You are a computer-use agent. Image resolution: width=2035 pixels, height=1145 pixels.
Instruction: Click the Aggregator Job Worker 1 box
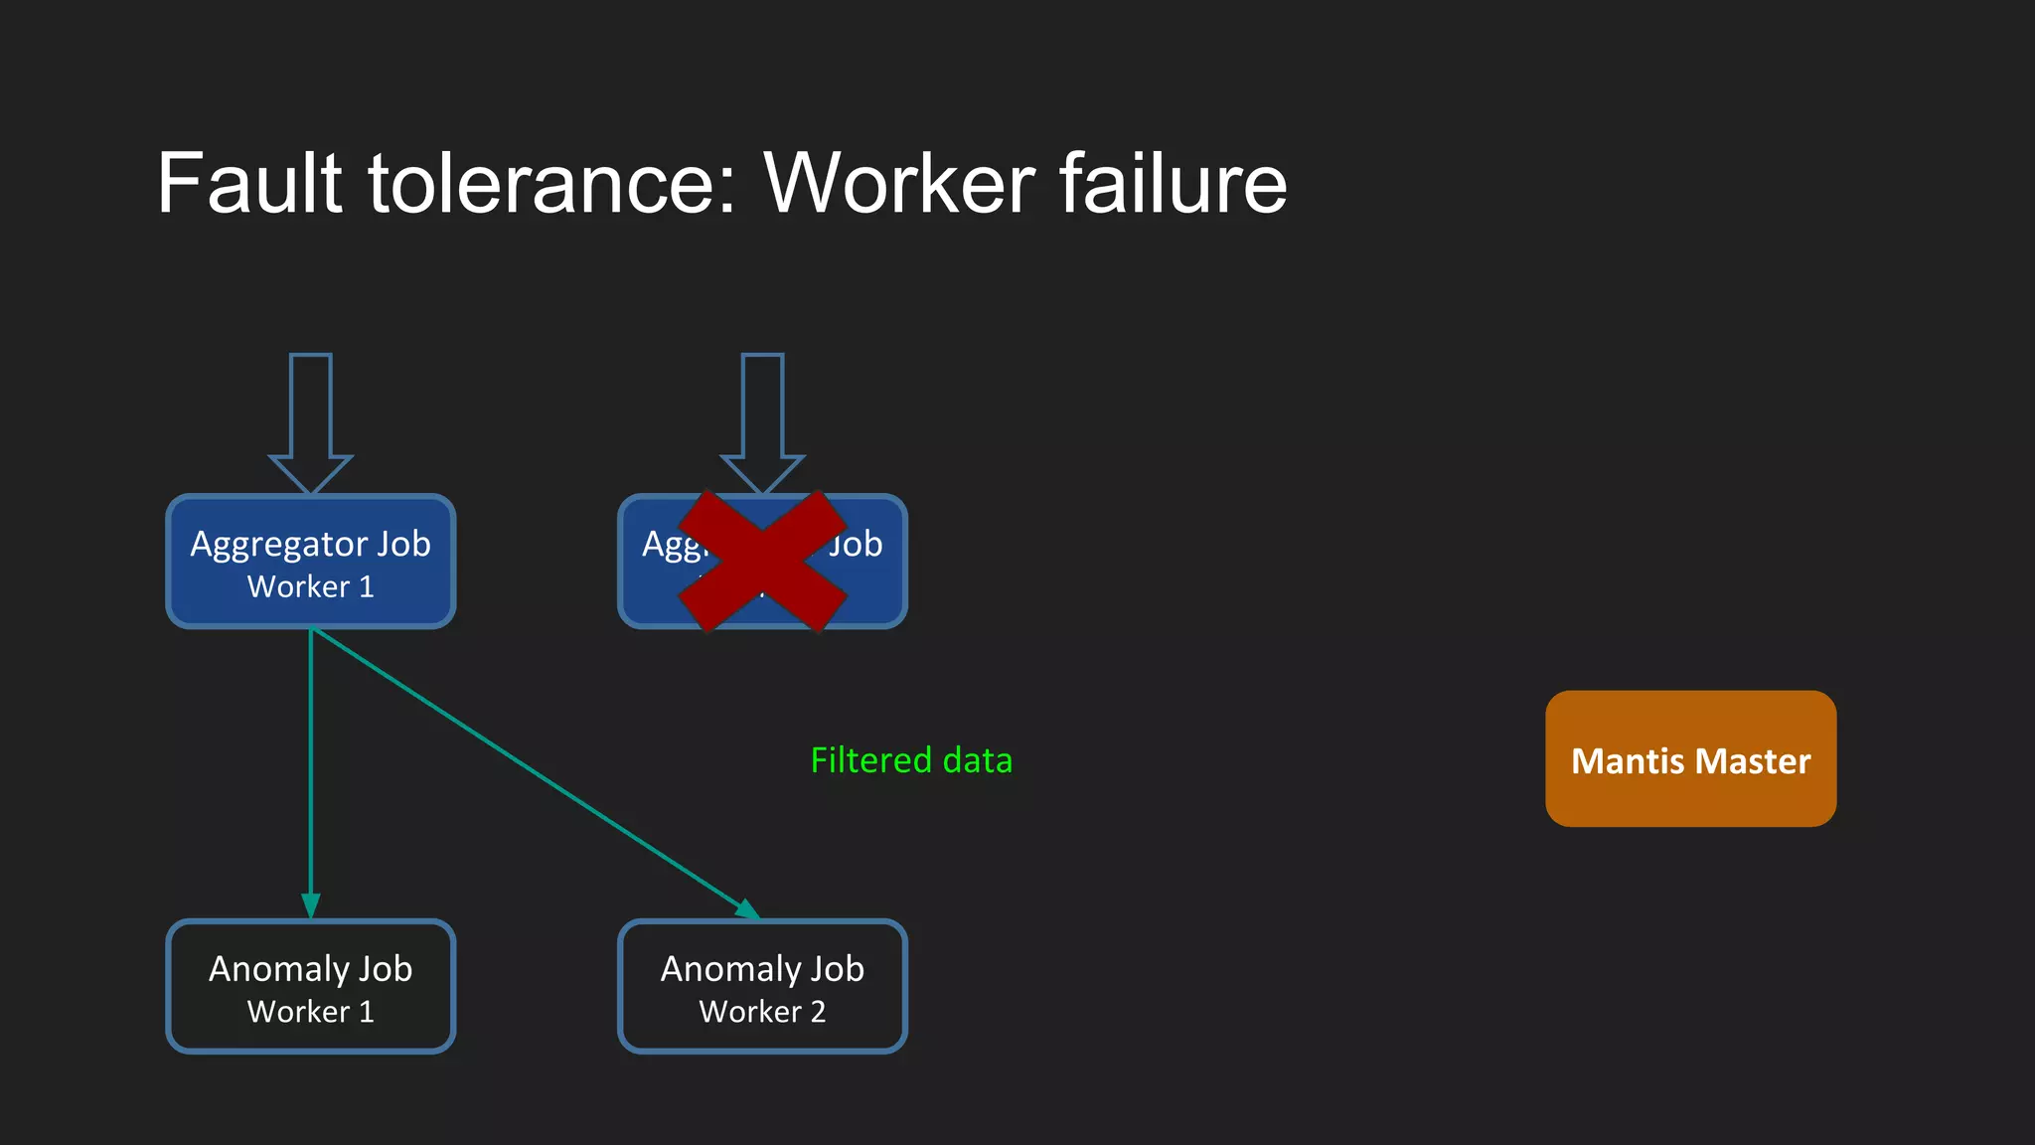pos(311,563)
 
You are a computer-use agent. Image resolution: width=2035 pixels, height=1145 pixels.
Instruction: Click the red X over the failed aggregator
pos(762,562)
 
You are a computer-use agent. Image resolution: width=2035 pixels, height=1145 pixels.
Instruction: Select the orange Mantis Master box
pos(1690,758)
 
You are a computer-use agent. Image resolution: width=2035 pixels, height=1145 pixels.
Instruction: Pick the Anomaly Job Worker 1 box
pos(311,987)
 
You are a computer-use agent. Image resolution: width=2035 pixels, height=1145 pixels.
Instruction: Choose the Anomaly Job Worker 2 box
pos(762,987)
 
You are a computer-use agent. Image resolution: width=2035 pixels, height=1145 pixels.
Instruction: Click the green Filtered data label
pos(911,760)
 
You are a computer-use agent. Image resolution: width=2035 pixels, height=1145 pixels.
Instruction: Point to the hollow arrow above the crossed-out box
pos(762,417)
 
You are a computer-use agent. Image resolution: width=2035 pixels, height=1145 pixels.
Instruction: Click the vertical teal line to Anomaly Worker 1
pos(311,765)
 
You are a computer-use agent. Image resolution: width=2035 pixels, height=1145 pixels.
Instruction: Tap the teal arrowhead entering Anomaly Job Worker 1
pos(311,905)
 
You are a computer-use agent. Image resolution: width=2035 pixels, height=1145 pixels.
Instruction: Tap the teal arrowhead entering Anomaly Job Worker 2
pos(747,908)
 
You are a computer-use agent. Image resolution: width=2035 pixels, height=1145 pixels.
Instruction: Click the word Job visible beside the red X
pos(857,545)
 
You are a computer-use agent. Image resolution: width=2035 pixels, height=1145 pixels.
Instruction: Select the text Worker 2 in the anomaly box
pos(762,1012)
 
